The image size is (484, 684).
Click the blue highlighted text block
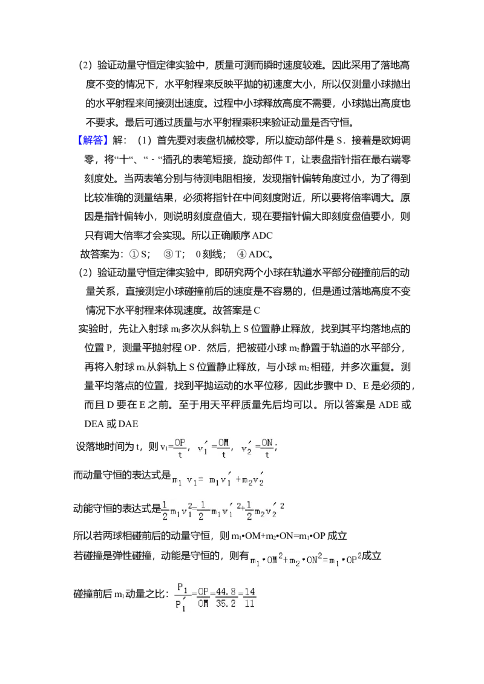[93, 140]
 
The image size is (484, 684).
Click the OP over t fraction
[180, 447]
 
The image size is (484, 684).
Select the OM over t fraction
[224, 447]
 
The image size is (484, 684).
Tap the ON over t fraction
[267, 447]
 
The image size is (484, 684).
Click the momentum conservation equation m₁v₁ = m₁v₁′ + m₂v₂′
[220, 479]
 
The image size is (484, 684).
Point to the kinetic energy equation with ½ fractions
[223, 510]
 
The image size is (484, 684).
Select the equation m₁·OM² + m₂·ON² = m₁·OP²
[305, 560]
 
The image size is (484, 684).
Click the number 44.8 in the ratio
[225, 592]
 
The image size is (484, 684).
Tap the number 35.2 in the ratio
[225, 603]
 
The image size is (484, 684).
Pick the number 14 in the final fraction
[250, 592]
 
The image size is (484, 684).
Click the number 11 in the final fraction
[250, 603]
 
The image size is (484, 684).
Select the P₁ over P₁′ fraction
[181, 596]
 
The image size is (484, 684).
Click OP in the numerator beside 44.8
[203, 592]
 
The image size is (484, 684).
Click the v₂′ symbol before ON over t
[246, 448]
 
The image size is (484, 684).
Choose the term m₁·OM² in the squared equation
[266, 560]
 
